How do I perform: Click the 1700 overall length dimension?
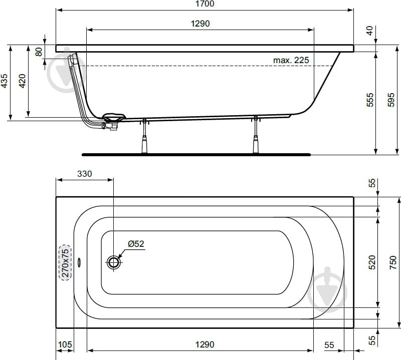tap(204, 4)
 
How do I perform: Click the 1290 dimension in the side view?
tap(200, 24)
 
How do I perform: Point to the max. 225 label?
tap(291, 60)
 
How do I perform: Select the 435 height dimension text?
tap(4, 82)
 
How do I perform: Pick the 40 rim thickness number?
tap(369, 31)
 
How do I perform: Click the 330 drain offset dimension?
tap(84, 174)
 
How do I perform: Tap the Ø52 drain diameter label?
tap(135, 244)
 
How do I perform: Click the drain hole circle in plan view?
tap(114, 262)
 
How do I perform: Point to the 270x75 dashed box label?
tap(65, 262)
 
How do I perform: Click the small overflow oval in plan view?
tap(80, 262)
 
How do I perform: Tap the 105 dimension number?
tap(66, 344)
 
